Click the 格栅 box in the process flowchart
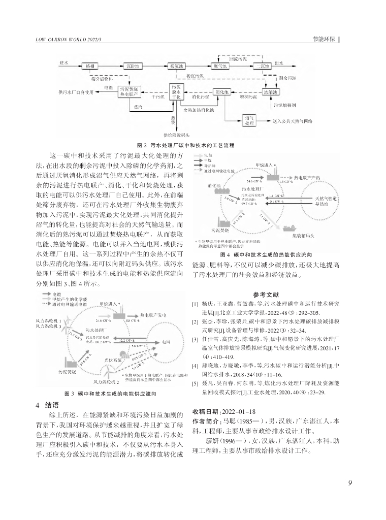pyautogui.click(x=90, y=66)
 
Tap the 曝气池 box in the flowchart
pyautogui.click(x=221, y=66)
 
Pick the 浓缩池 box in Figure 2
pyautogui.click(x=269, y=92)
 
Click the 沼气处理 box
pyautogui.click(x=250, y=120)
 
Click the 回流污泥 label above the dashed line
pyautogui.click(x=238, y=59)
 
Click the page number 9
pyautogui.click(x=350, y=482)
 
